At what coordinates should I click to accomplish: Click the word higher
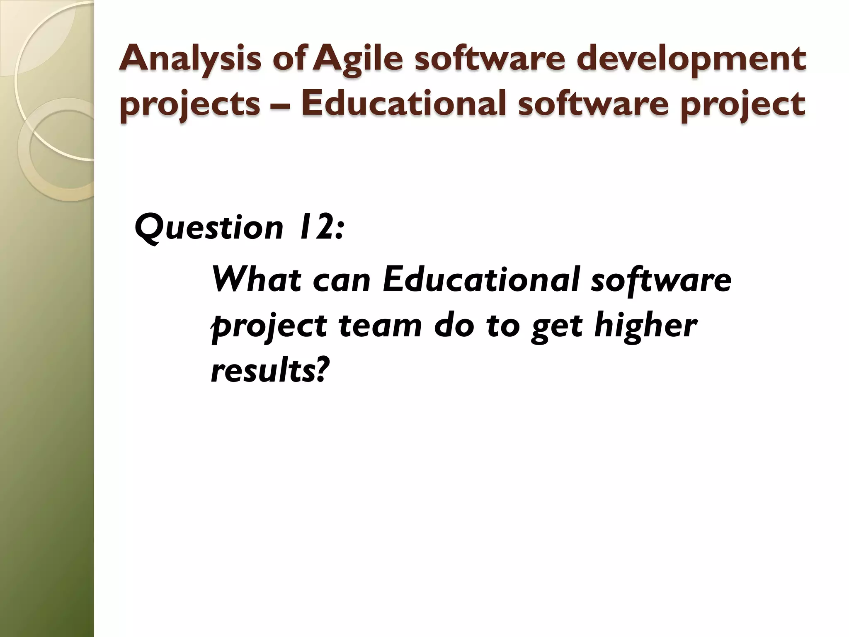point(645,326)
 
